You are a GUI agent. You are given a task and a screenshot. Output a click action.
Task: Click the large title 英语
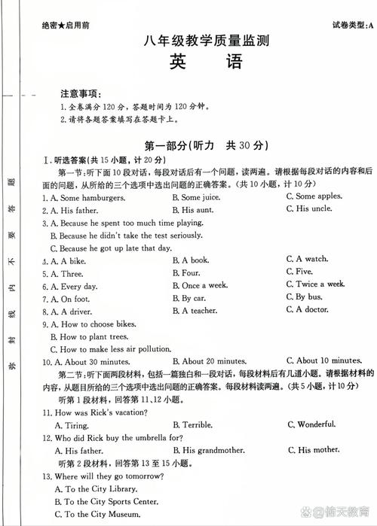(x=204, y=62)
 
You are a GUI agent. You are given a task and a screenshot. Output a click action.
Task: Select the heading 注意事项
(x=80, y=95)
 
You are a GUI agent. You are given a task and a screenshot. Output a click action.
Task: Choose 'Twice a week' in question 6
(x=315, y=284)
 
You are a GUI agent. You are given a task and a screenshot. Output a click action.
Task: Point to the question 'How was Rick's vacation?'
(x=98, y=412)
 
